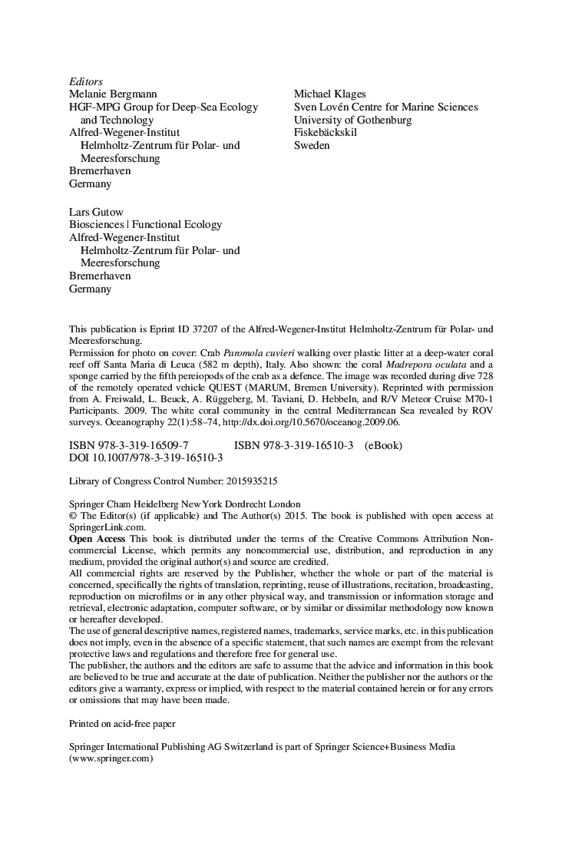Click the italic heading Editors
point(86,81)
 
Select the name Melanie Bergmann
point(113,94)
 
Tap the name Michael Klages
point(329,94)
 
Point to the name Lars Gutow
point(96,211)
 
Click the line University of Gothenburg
point(352,120)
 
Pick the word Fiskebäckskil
point(325,132)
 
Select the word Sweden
point(312,145)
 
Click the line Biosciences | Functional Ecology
point(145,224)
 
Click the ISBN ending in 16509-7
point(128,445)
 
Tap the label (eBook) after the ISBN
point(383,445)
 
